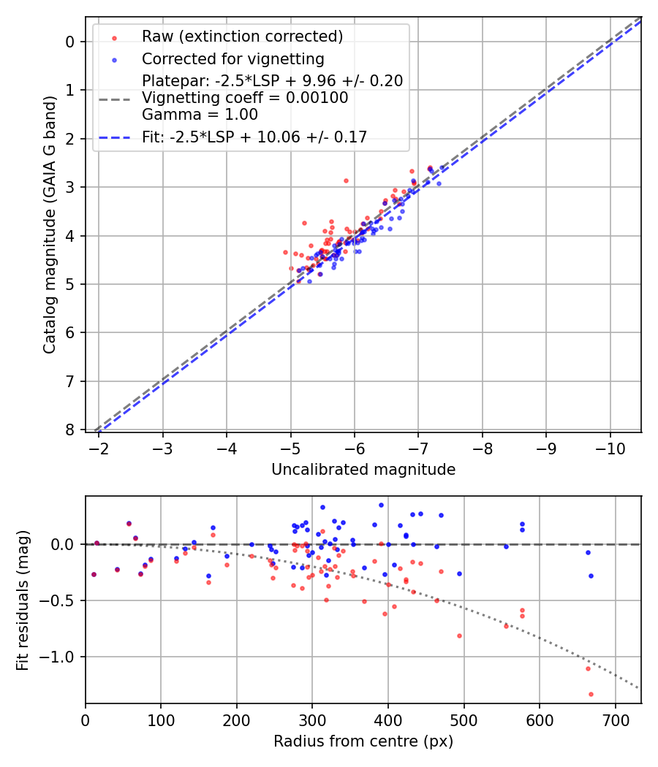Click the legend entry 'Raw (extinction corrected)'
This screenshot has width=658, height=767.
(x=242, y=37)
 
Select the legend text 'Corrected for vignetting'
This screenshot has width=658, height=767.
(x=233, y=58)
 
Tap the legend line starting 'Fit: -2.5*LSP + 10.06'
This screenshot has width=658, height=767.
(x=254, y=137)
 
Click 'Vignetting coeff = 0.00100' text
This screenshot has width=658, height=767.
(x=245, y=97)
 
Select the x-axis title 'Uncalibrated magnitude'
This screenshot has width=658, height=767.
(x=363, y=470)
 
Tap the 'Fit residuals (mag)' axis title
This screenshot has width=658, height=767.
(x=23, y=600)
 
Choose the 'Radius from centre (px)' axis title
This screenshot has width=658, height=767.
(x=363, y=741)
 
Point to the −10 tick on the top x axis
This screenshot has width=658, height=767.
(x=609, y=448)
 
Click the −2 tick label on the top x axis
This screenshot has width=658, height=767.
(x=99, y=448)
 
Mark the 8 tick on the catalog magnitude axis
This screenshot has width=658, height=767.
(x=70, y=430)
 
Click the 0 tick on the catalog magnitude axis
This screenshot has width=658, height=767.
(x=70, y=42)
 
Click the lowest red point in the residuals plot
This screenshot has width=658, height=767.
(x=591, y=694)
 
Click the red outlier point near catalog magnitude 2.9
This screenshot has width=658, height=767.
(x=346, y=180)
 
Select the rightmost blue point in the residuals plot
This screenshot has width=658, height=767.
(x=591, y=576)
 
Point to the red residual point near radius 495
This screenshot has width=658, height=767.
(x=459, y=636)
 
